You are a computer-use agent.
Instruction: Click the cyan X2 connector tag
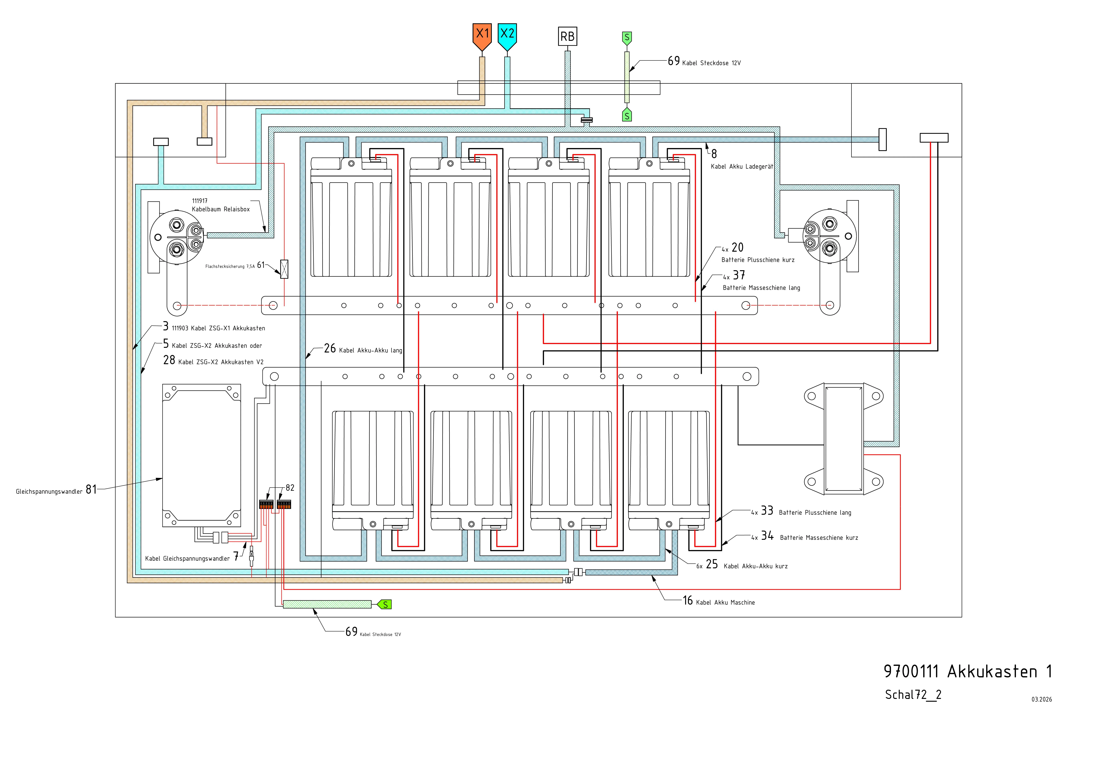tap(507, 35)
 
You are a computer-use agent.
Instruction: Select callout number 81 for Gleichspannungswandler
tap(91, 489)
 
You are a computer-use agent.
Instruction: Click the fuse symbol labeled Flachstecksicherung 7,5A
tap(285, 269)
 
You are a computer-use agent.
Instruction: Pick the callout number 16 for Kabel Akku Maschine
tap(688, 601)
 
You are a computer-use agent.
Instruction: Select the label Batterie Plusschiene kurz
tap(758, 260)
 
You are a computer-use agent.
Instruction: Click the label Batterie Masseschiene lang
tap(761, 288)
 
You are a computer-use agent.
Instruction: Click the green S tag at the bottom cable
tap(385, 605)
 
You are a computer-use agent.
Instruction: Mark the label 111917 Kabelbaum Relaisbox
tap(221, 205)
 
